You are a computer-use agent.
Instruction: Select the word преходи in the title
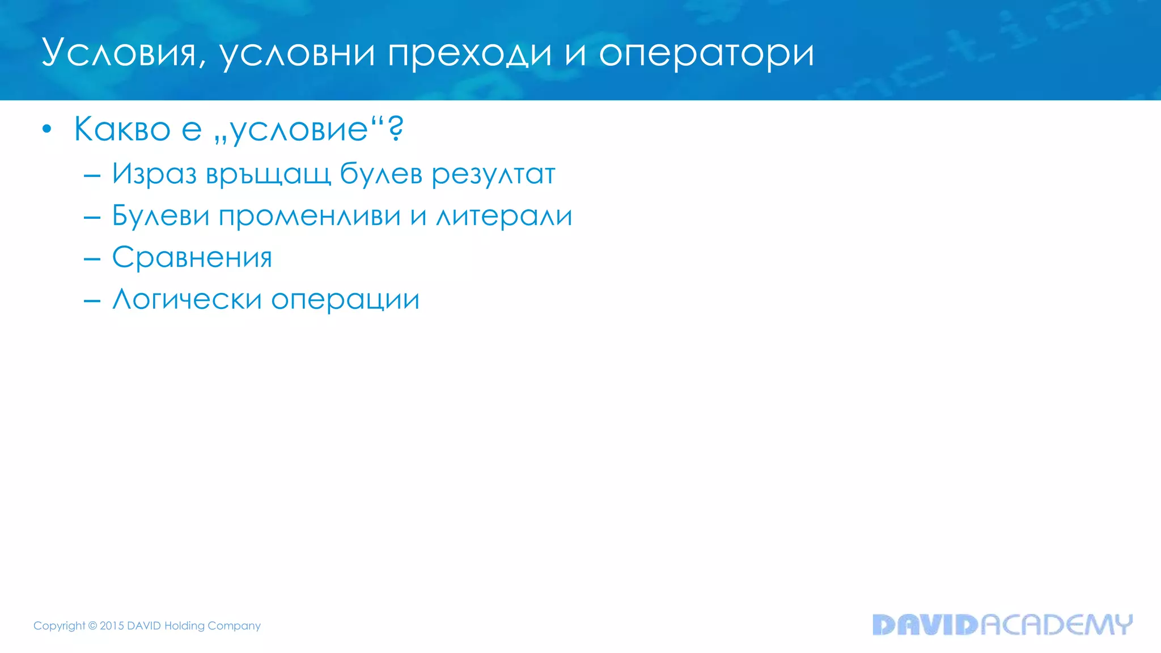pos(469,53)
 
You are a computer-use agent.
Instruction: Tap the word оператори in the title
pos(706,53)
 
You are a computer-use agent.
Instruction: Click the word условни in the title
pos(297,53)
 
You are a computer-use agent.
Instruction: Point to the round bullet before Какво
pos(47,129)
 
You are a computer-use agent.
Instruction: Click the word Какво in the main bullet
pos(122,129)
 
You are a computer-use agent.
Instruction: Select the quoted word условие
pos(299,129)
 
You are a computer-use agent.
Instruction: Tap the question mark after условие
pos(396,128)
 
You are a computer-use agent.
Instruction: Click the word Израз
pos(154,173)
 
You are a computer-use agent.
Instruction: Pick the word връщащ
pos(268,173)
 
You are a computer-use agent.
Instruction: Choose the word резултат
pos(493,173)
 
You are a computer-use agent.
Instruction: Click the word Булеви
pos(161,215)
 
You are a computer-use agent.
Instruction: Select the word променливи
pos(310,215)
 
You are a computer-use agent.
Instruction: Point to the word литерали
pos(504,215)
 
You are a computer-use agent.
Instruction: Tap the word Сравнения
pos(192,257)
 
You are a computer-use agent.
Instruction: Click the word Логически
pos(187,299)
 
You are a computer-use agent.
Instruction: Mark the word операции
pos(345,299)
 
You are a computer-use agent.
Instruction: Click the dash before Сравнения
pos(92,259)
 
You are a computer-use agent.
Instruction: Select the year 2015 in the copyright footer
pos(112,626)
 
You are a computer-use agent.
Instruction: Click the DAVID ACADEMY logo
pos(1002,625)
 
